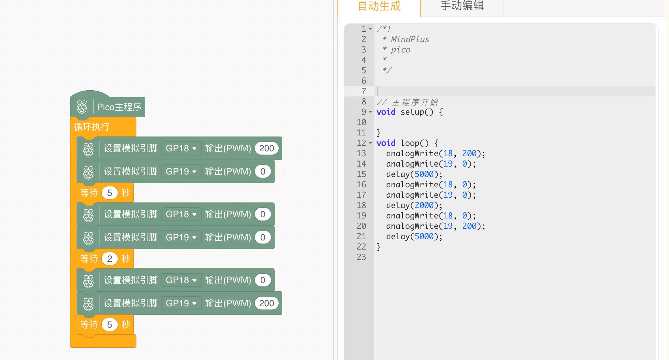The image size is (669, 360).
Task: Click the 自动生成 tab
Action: [x=379, y=6]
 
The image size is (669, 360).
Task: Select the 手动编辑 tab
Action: [x=462, y=6]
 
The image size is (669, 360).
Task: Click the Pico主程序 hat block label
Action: [x=119, y=107]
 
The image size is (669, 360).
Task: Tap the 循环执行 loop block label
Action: [x=92, y=127]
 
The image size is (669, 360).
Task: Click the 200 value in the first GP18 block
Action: [x=266, y=148]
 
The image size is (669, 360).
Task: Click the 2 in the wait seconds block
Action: [x=110, y=259]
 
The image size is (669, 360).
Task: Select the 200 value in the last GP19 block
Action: [x=266, y=303]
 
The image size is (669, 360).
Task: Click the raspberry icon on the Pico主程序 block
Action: [x=82, y=107]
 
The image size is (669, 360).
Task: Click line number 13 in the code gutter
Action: [x=361, y=153]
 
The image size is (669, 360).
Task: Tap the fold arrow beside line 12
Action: [x=370, y=143]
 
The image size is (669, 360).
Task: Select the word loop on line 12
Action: [x=410, y=143]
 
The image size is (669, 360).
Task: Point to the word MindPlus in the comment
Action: [x=410, y=39]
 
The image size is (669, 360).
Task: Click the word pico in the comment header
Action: [x=400, y=50]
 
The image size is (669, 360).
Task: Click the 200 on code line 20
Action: [x=469, y=226]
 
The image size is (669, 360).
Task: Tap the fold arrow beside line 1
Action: [x=370, y=29]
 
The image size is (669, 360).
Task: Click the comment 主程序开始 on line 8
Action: [x=415, y=102]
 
